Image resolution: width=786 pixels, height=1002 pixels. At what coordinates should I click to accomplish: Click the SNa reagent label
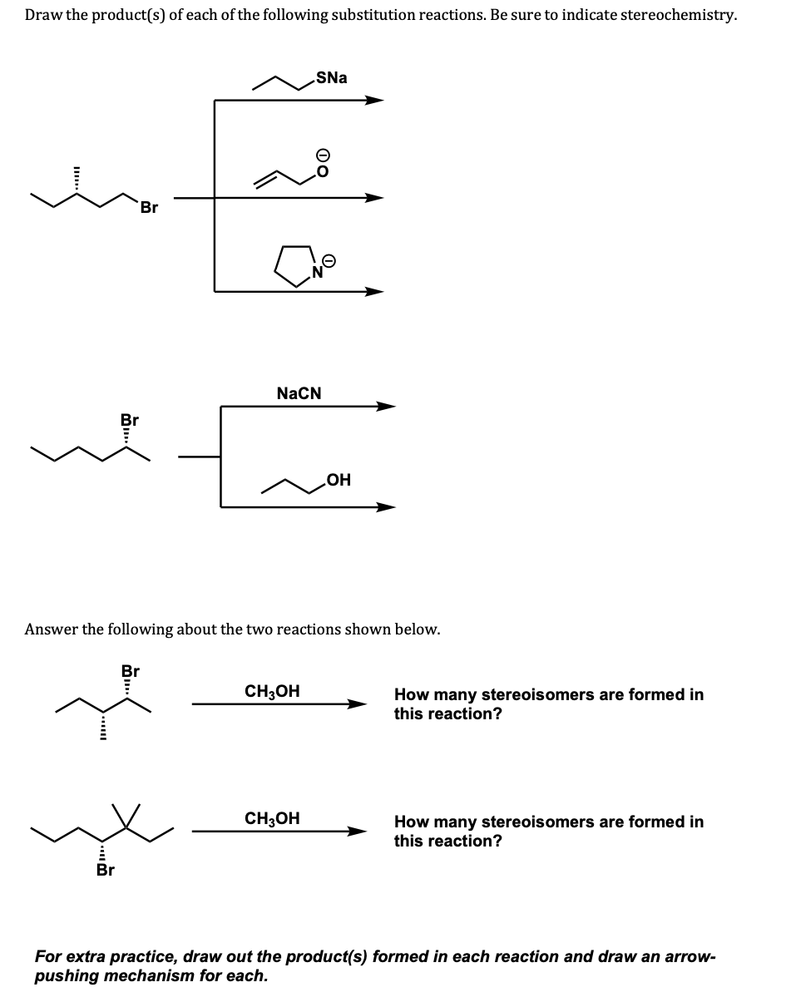click(x=332, y=77)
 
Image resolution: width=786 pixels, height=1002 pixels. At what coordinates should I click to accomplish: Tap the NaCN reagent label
click(x=299, y=392)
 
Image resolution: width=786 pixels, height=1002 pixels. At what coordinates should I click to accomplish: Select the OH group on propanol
click(x=339, y=480)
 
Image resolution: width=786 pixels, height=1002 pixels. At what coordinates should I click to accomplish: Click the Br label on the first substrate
click(x=149, y=208)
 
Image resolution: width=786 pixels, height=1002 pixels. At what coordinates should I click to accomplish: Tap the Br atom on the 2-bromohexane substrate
click(x=130, y=420)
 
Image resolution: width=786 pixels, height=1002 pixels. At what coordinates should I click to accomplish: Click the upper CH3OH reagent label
click(x=272, y=691)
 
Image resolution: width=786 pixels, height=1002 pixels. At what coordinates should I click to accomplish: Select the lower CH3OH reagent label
click(x=272, y=818)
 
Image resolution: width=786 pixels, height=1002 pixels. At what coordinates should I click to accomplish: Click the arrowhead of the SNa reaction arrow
click(x=375, y=101)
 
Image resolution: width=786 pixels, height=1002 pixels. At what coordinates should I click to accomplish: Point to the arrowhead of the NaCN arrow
click(x=386, y=407)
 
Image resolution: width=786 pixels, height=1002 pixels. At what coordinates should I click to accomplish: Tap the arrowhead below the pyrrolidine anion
click(x=375, y=291)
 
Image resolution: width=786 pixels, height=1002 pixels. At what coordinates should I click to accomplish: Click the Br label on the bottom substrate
click(x=105, y=871)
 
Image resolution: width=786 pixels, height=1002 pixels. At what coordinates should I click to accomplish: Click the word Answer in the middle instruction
click(x=52, y=629)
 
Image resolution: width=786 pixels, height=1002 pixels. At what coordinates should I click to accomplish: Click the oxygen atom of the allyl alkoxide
click(x=323, y=172)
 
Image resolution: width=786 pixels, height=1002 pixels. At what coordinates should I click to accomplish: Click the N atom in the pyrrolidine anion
click(x=317, y=272)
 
